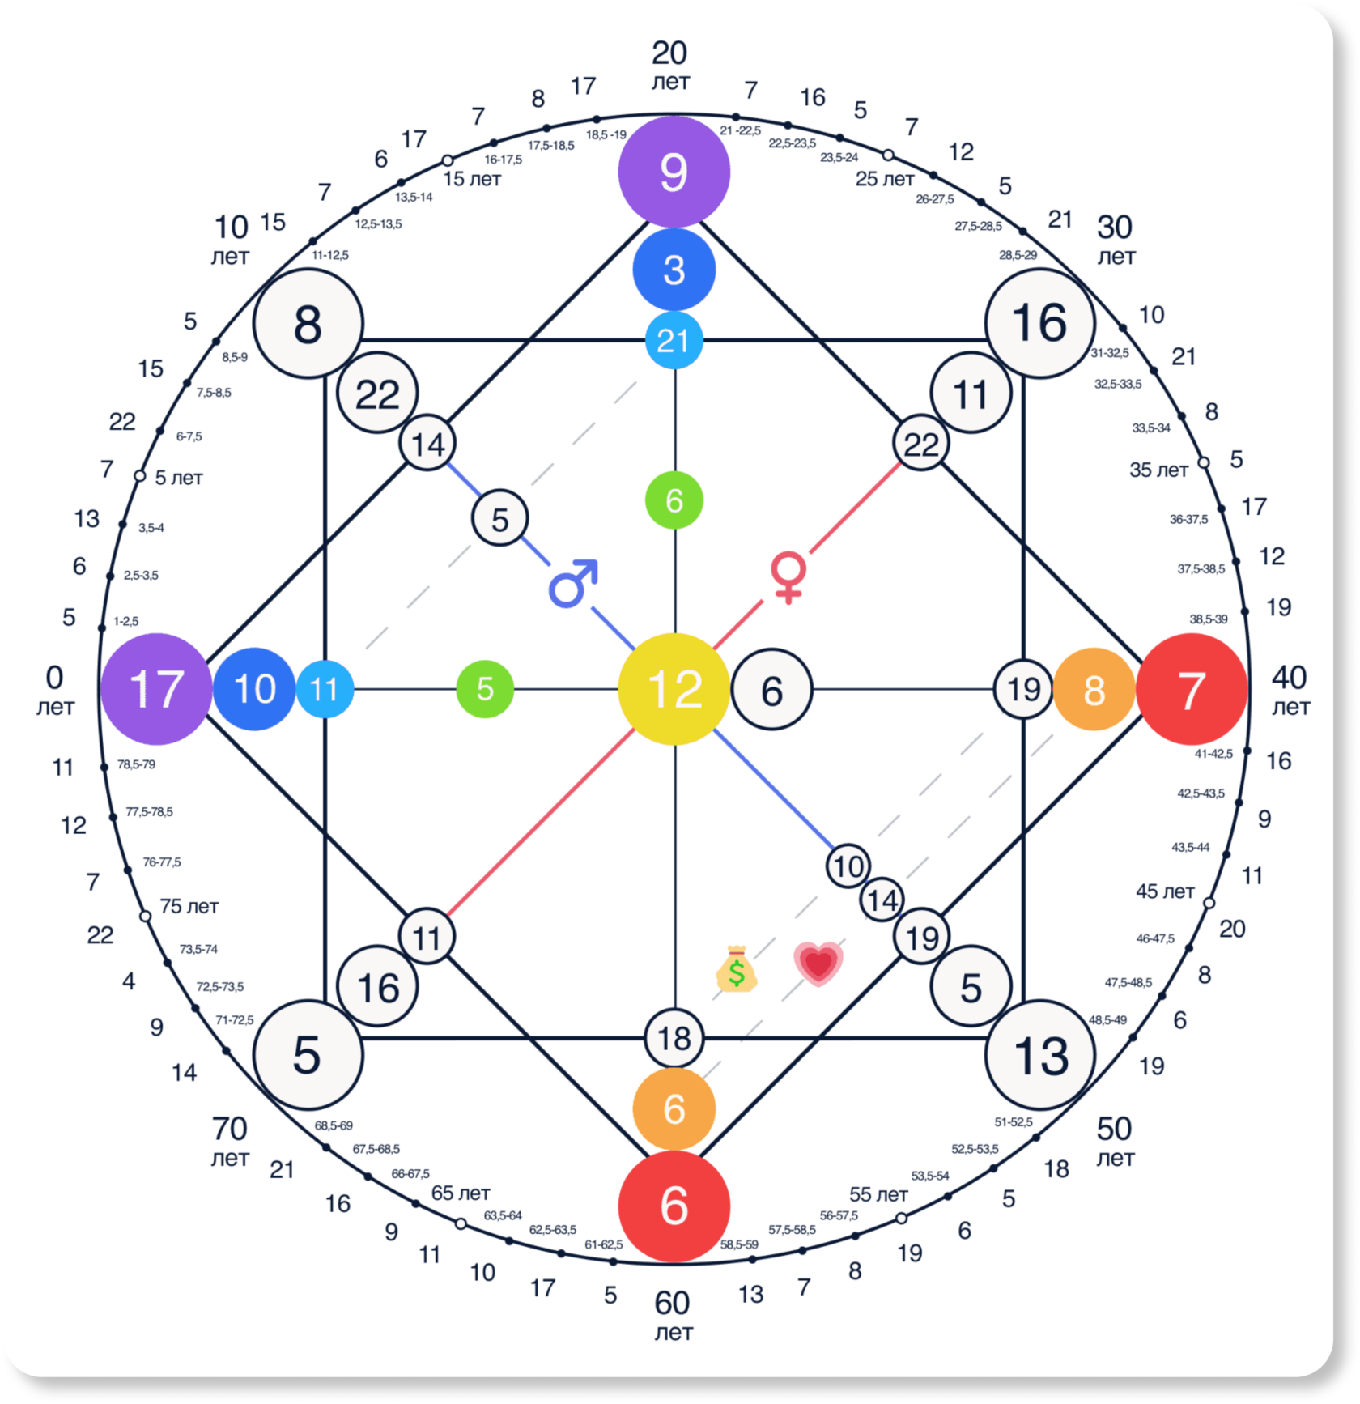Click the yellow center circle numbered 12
coord(674,689)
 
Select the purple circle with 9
coord(674,172)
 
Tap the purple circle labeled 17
coord(156,689)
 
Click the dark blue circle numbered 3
coord(674,270)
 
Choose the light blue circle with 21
coord(674,340)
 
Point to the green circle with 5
coord(485,689)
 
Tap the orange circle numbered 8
coord(1094,690)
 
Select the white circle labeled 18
coord(674,1037)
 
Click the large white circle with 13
coord(1040,1055)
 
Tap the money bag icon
coord(736,968)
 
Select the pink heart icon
coord(818,964)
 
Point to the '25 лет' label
coord(884,179)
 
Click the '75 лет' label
coord(189,906)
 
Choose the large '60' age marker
coord(672,1303)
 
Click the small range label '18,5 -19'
coord(606,134)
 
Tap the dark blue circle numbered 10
coord(254,689)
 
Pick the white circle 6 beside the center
coord(771,690)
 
